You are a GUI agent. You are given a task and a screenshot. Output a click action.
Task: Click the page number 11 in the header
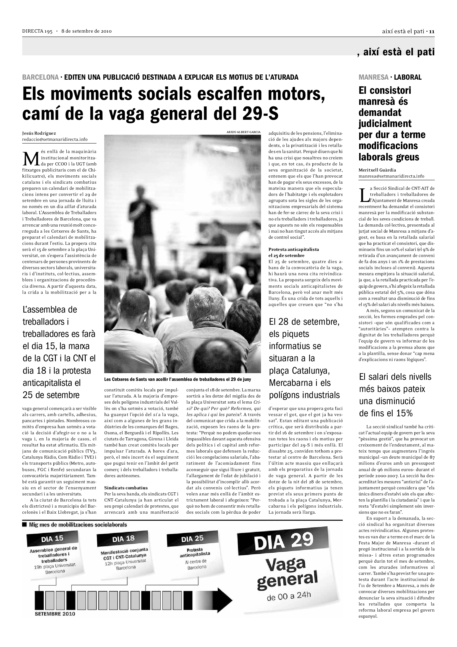coord(432,31)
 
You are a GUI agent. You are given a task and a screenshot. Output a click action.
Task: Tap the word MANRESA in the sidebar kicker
coord(374,77)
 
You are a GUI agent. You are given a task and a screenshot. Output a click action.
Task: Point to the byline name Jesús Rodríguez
coord(39,133)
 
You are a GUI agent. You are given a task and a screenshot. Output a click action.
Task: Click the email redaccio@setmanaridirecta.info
coord(55,139)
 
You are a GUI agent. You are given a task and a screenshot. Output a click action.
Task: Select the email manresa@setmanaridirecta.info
coord(391,176)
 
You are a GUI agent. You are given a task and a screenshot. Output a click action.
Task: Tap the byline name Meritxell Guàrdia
coord(377,170)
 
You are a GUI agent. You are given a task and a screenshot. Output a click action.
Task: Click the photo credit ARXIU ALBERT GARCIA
coord(243,132)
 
